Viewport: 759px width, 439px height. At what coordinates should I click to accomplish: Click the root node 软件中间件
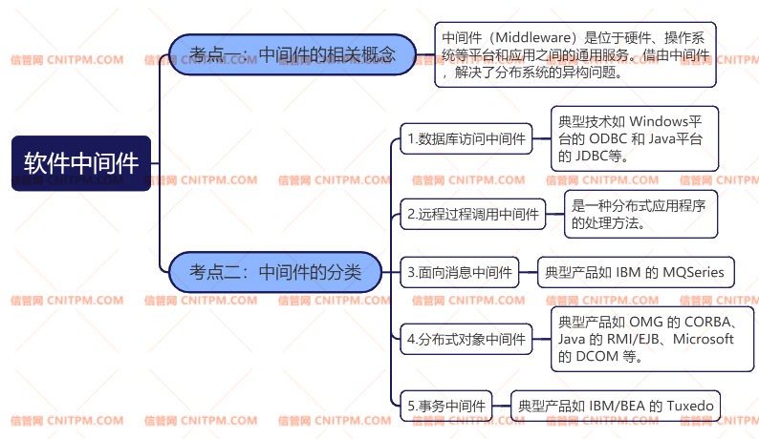(81, 163)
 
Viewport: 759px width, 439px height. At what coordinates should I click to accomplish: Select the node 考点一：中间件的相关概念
(292, 54)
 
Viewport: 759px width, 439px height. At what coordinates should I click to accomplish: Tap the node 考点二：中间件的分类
(275, 273)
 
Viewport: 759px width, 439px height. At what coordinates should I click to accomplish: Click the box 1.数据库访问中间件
(466, 139)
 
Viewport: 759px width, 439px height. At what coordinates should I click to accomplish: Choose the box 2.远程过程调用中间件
(473, 215)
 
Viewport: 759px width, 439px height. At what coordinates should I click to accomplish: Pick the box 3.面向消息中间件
(460, 273)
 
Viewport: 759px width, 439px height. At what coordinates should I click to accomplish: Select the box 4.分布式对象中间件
(466, 339)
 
